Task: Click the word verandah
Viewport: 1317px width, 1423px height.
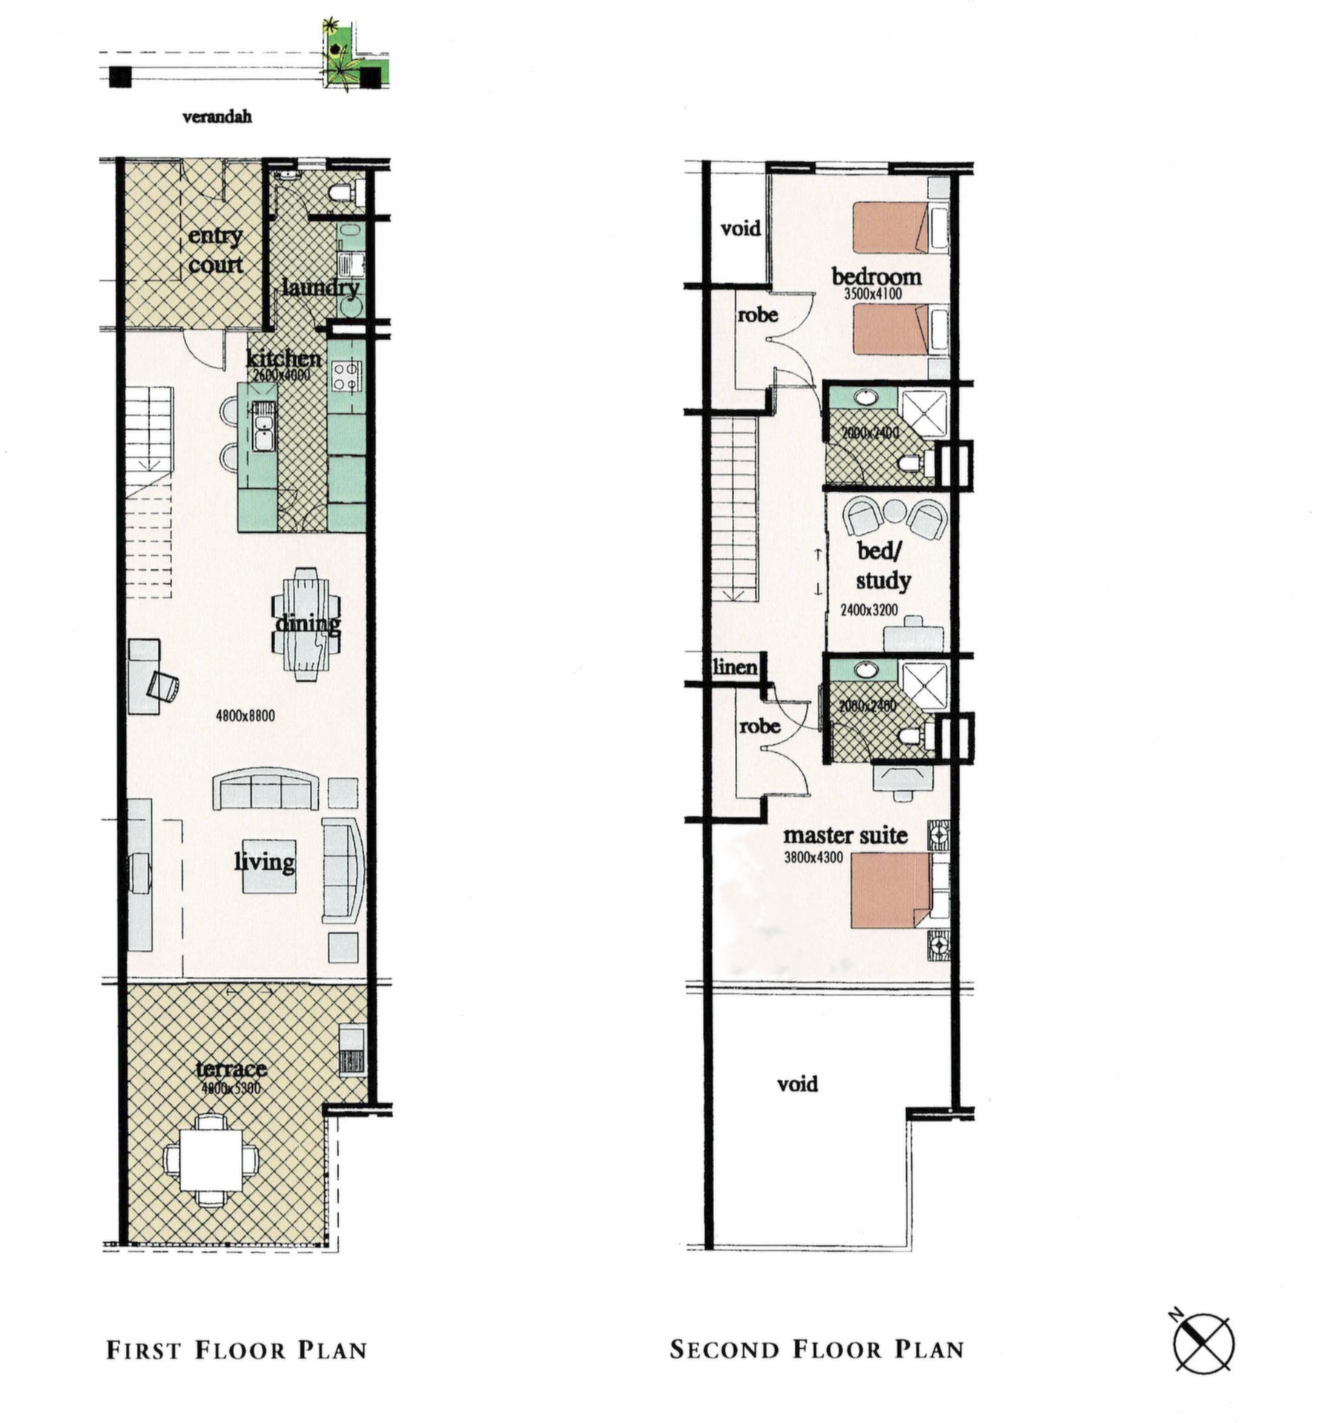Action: click(x=217, y=116)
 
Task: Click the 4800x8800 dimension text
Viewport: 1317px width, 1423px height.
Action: click(x=245, y=715)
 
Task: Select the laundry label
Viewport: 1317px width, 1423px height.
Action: click(x=320, y=287)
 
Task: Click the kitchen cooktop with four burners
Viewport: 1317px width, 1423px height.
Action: click(x=346, y=374)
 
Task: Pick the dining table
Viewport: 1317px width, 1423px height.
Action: click(x=306, y=624)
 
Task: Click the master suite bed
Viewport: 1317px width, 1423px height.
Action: click(x=890, y=890)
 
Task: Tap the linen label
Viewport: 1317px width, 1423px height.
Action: click(x=734, y=666)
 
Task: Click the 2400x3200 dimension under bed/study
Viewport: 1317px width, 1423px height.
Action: click(x=868, y=610)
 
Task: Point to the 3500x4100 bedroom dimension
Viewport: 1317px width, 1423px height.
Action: click(x=873, y=293)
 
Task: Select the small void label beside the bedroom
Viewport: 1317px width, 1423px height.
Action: click(x=740, y=228)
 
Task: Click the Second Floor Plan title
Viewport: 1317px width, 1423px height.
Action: click(x=816, y=1349)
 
